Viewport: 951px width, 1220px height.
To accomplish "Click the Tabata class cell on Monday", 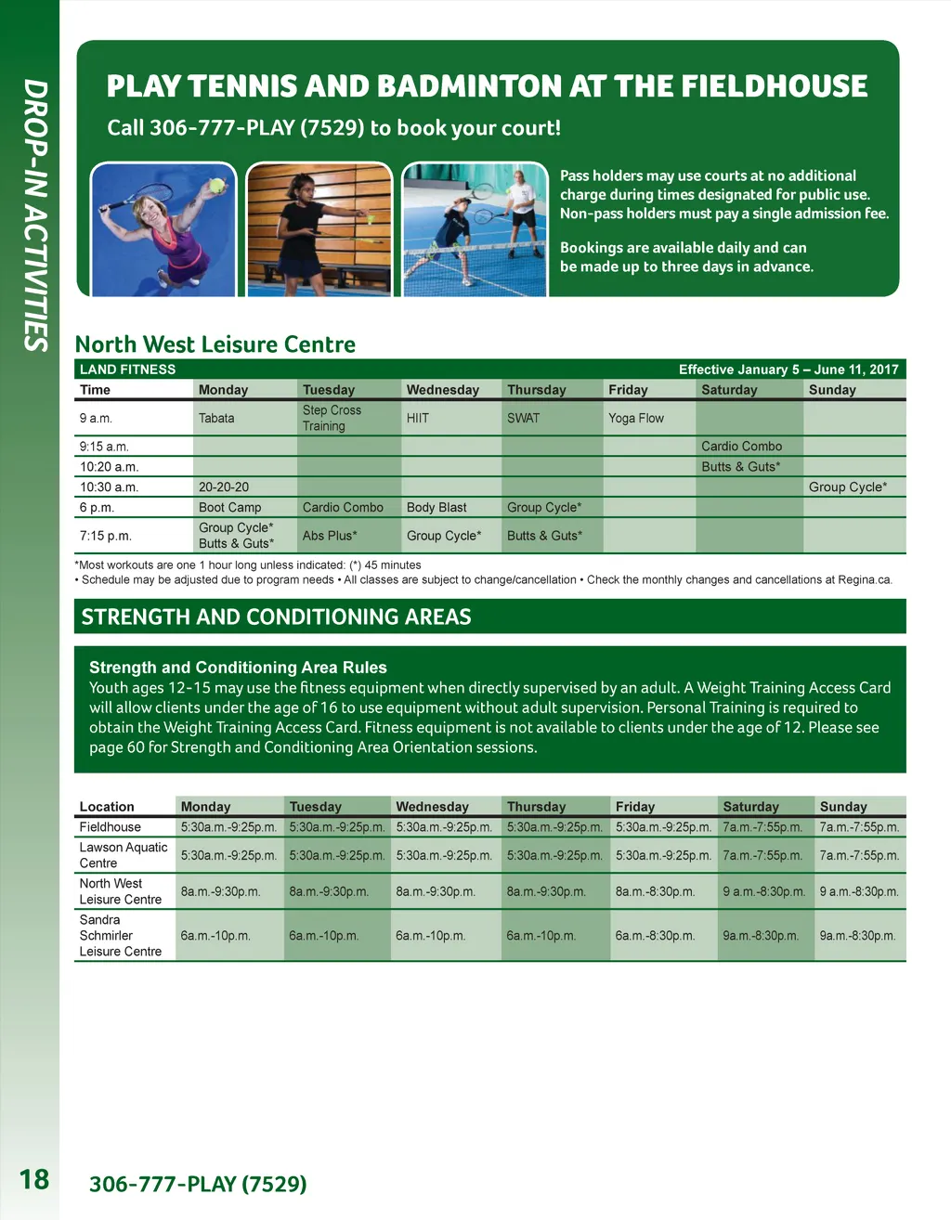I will tap(216, 419).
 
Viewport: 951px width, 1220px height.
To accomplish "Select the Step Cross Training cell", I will tap(332, 418).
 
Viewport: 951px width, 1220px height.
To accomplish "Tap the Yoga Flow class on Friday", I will tap(636, 419).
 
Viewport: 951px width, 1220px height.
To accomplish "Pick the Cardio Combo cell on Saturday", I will tap(741, 447).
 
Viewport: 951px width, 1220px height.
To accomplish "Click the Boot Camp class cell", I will tap(229, 508).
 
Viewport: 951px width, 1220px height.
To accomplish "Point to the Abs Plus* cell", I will tap(330, 536).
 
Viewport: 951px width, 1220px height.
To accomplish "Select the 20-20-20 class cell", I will tap(224, 487).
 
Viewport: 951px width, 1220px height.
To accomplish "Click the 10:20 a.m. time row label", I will tap(109, 467).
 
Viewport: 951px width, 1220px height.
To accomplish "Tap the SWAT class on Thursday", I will tap(523, 419).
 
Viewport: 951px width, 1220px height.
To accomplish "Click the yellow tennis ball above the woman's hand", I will tap(217, 186).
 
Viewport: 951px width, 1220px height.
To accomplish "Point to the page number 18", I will tap(34, 1179).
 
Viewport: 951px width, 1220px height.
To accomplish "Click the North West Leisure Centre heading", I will tap(215, 344).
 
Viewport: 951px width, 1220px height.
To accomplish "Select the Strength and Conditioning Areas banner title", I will tap(276, 617).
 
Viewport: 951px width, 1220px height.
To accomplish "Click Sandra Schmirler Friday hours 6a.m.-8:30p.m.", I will tap(655, 936).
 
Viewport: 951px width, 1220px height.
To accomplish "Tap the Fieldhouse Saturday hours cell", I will tap(762, 827).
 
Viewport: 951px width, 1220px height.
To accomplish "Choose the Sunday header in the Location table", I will tap(842, 807).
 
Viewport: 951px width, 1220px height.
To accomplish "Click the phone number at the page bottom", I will tap(198, 1184).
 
